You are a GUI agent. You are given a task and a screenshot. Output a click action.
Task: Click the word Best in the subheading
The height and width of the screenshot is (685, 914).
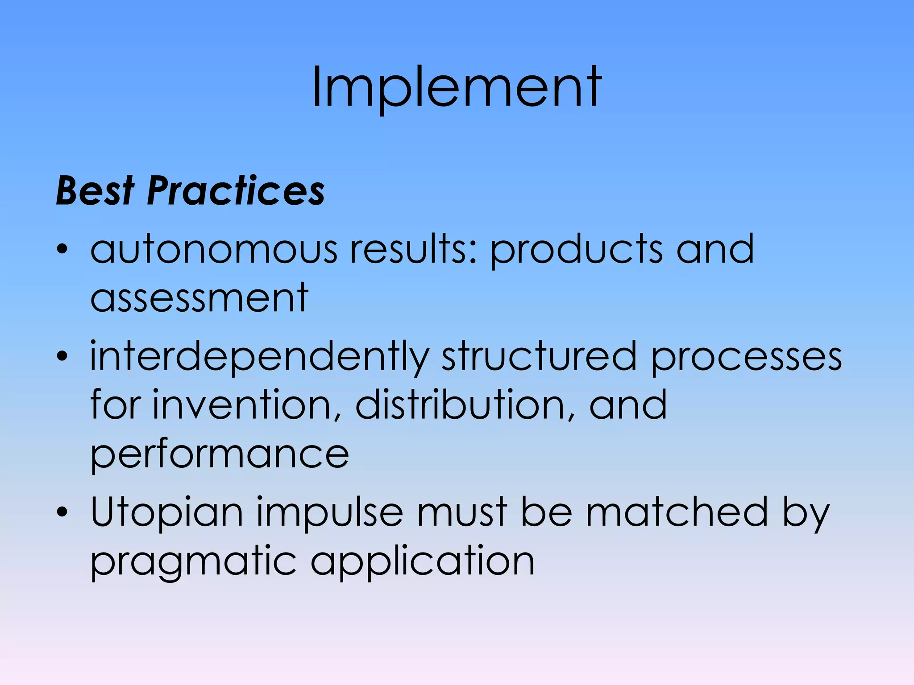95,191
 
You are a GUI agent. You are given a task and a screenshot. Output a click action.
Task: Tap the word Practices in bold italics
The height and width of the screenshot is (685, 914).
236,191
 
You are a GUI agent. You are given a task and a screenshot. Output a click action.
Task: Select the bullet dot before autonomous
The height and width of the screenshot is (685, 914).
62,249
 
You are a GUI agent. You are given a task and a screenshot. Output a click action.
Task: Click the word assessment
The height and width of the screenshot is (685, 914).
199,298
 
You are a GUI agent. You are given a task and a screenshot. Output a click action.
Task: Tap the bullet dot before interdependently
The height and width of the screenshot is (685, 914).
62,356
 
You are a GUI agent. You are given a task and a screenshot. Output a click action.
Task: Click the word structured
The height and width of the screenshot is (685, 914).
539,356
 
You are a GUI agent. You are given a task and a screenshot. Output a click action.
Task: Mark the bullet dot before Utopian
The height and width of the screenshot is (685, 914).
62,512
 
